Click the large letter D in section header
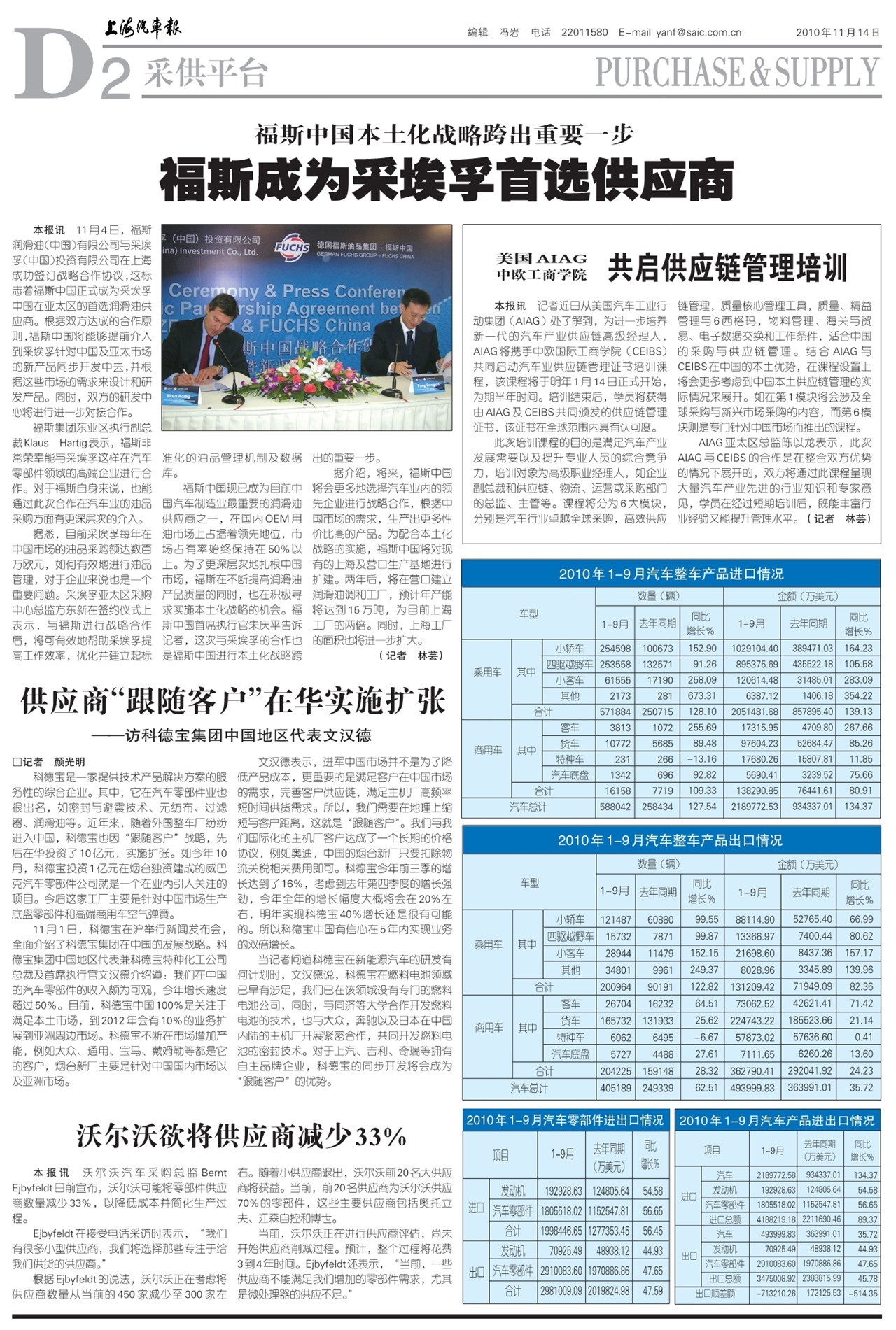tap(52, 64)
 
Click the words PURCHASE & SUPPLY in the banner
tap(736, 71)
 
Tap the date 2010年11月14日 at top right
tap(837, 32)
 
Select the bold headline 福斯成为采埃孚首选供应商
tap(447, 180)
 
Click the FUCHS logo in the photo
tap(292, 248)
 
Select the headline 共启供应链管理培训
tap(727, 268)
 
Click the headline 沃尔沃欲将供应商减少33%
tap(241, 1136)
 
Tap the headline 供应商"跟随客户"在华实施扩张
tap(233, 700)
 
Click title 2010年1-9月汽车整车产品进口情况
tap(671, 574)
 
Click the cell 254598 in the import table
tap(615, 649)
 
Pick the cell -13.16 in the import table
tap(702, 759)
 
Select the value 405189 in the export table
tap(615, 1088)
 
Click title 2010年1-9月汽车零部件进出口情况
tap(564, 1120)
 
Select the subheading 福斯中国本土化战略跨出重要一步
tap(444, 134)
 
